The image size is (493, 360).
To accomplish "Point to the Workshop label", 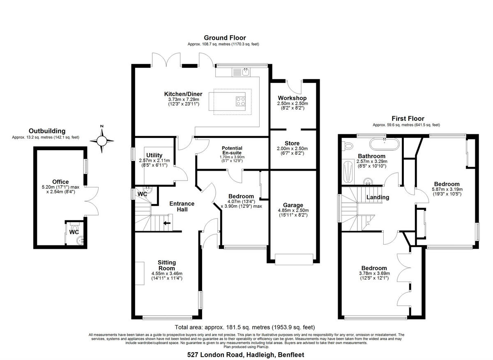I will point(292,98).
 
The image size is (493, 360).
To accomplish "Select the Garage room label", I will point(293,205).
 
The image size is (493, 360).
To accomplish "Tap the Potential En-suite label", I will point(232,150).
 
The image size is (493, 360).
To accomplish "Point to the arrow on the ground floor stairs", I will point(167,223).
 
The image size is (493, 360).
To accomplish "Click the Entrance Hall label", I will point(182,206).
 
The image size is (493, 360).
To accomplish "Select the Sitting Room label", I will point(167,265).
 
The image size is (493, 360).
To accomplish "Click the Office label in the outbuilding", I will point(60,182).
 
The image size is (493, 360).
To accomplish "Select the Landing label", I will point(378,197).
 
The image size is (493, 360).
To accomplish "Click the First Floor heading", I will point(408,119).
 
